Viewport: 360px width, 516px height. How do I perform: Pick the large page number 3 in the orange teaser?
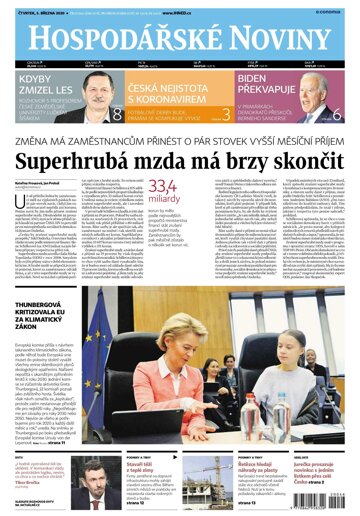227,113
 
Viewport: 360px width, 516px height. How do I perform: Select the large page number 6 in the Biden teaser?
336,113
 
